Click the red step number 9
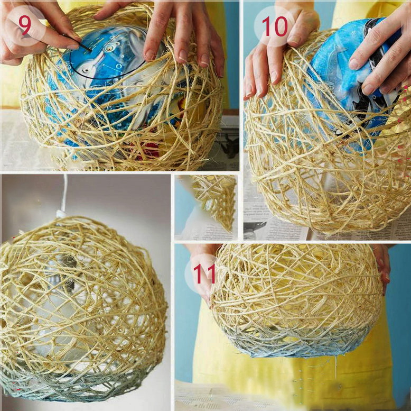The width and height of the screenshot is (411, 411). pos(25,25)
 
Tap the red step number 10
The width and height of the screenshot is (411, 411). pos(274,26)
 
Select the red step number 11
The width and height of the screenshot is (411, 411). pos(204,274)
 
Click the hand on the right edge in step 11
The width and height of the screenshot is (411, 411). pos(382,268)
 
